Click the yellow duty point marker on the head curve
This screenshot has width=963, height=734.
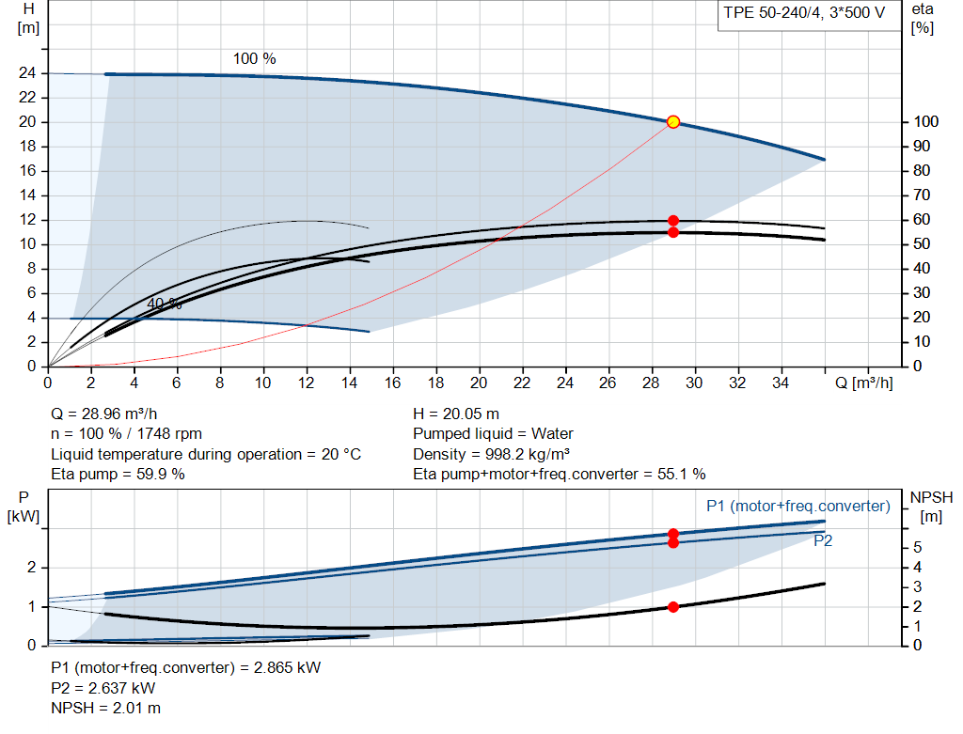(673, 122)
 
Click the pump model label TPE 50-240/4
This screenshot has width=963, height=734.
(803, 13)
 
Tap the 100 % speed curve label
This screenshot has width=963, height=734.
(255, 59)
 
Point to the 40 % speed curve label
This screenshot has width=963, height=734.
(165, 305)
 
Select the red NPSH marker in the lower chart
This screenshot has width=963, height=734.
(673, 607)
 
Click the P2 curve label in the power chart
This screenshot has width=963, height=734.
(823, 541)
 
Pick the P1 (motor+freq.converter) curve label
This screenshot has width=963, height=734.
(797, 507)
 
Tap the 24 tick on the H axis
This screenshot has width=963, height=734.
(27, 73)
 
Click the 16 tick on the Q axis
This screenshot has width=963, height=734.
(392, 383)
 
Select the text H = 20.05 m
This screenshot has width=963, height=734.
(456, 414)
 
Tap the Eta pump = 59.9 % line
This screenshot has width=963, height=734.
(118, 475)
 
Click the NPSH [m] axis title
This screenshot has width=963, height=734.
(926, 506)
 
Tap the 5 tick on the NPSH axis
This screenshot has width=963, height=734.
(917, 548)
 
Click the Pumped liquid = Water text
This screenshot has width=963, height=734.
(493, 434)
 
